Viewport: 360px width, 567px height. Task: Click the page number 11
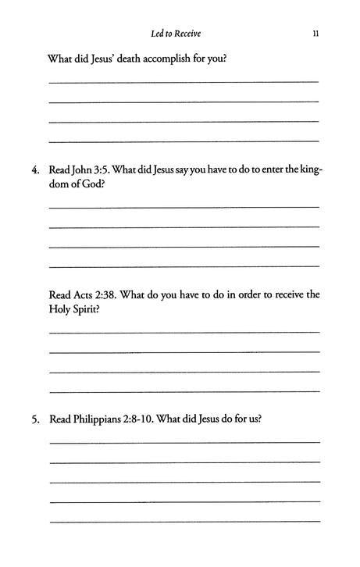[313, 34]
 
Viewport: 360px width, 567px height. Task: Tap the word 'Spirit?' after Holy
[88, 309]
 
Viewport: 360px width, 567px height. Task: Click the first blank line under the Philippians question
[184, 443]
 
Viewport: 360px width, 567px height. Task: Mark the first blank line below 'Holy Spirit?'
[184, 332]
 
